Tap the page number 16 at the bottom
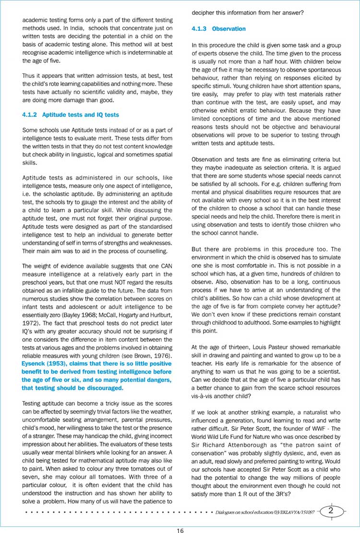pos(180,526)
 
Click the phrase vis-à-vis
pos(204,397)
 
